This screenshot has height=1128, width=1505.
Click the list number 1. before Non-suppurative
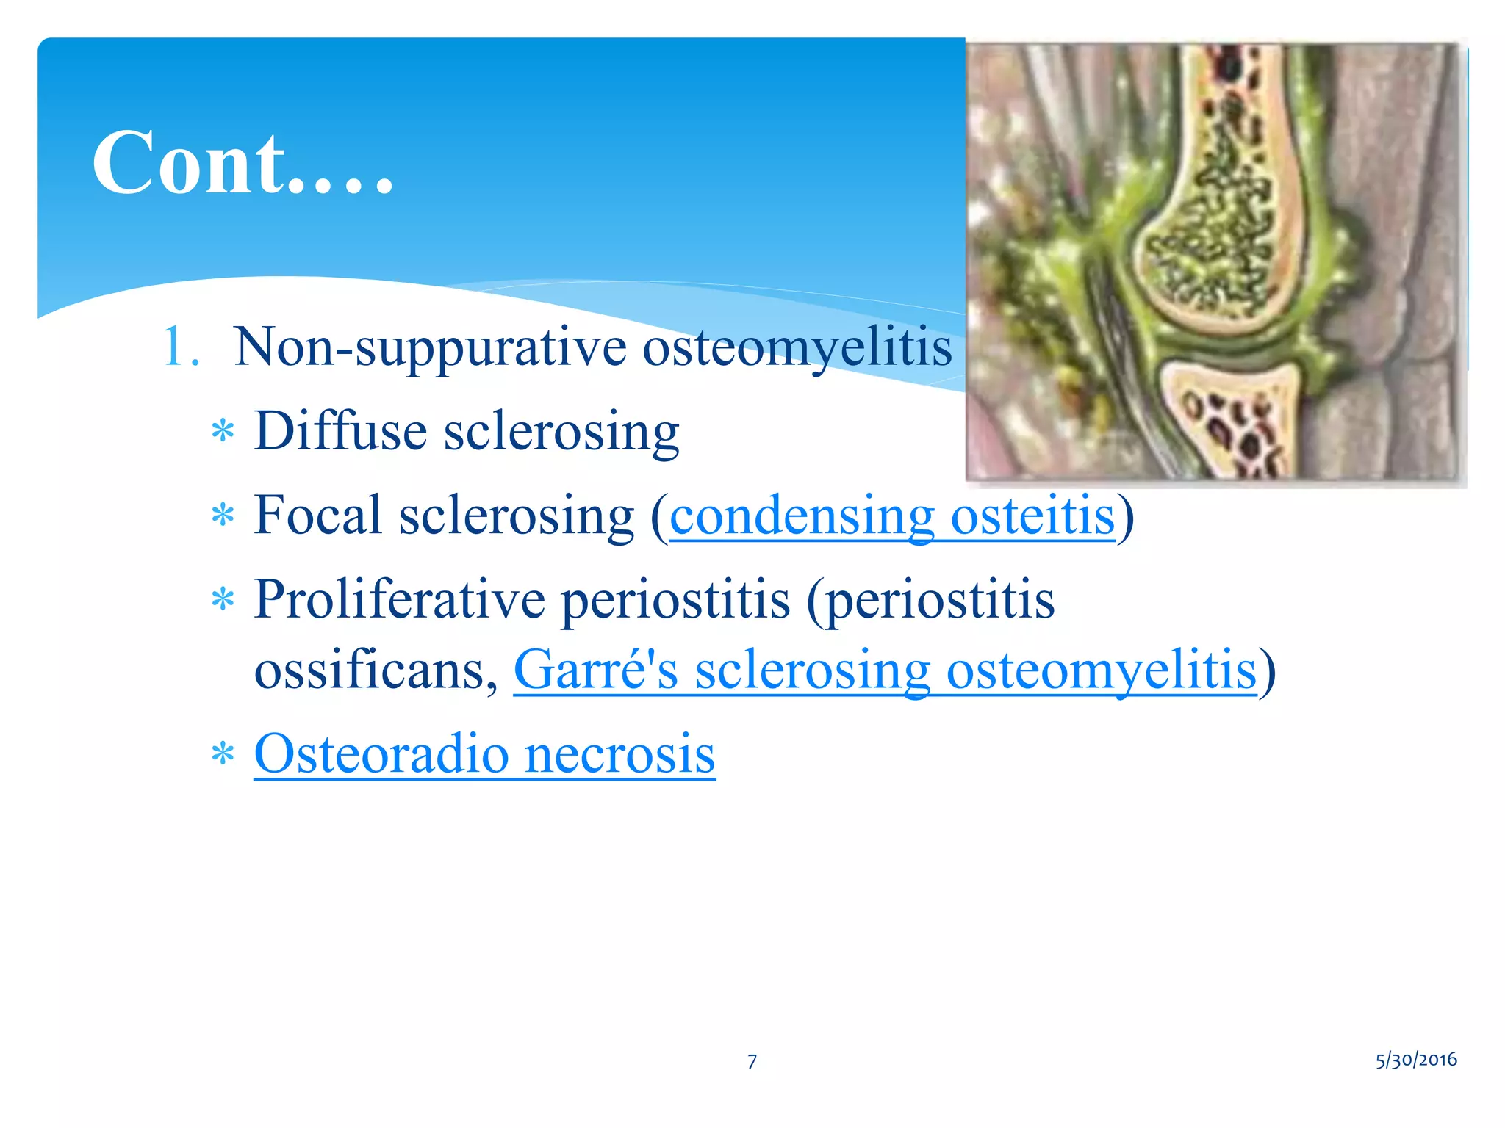179,347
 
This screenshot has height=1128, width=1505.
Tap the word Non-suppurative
429,347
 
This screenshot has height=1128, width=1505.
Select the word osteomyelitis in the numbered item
797,347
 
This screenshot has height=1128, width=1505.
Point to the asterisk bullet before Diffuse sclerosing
222,432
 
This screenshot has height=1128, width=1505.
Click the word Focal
317,515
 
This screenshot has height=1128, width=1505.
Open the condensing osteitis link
891,516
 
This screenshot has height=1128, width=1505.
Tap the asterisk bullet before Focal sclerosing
222,516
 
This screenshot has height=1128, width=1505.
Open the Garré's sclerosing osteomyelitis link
885,670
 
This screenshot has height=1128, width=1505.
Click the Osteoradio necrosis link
484,754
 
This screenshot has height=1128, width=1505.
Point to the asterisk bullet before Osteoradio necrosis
222,755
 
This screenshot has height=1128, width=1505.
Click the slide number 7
752,1061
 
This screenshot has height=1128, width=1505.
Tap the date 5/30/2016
1415,1060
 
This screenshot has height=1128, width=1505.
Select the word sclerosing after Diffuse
561,432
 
